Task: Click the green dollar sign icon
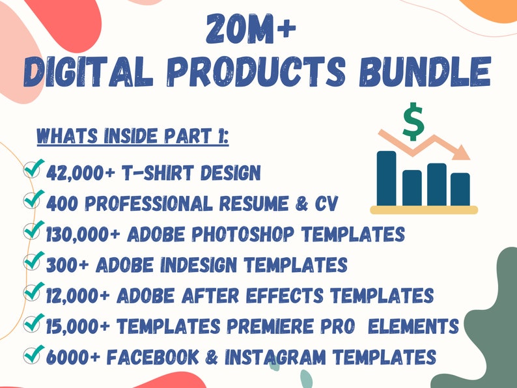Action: click(x=413, y=121)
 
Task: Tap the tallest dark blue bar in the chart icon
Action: click(x=386, y=178)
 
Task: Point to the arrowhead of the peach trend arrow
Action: click(x=462, y=152)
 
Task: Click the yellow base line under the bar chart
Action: click(x=424, y=210)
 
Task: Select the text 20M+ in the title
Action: click(x=251, y=29)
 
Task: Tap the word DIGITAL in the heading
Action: click(x=89, y=72)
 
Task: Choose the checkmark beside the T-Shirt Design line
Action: click(x=34, y=168)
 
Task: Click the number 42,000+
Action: click(x=81, y=173)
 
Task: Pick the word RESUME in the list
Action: click(x=254, y=203)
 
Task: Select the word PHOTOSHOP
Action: click(x=243, y=234)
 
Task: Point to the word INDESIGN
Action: click(x=199, y=265)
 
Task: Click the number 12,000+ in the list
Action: click(x=78, y=296)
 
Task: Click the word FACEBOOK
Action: click(x=153, y=357)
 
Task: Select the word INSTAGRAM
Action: click(x=275, y=357)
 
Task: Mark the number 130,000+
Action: click(x=83, y=234)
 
